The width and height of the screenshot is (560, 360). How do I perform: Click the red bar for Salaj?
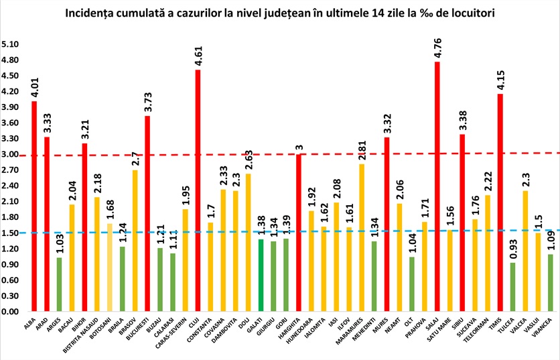tap(437, 187)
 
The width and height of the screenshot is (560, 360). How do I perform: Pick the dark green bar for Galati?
tap(261, 276)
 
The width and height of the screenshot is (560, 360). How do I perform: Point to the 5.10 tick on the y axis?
tap(12, 44)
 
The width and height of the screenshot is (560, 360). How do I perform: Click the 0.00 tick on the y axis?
tap(12, 312)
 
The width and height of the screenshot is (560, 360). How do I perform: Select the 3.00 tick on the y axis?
tap(12, 154)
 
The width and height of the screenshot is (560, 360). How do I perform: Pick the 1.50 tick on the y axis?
tap(12, 233)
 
